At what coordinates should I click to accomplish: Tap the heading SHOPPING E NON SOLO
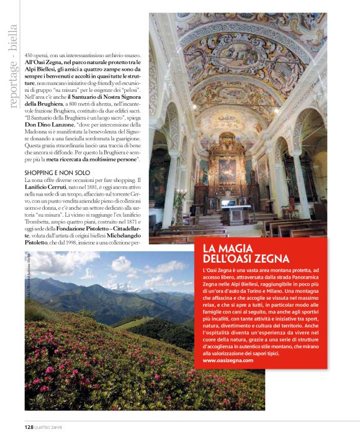tap(57, 172)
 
